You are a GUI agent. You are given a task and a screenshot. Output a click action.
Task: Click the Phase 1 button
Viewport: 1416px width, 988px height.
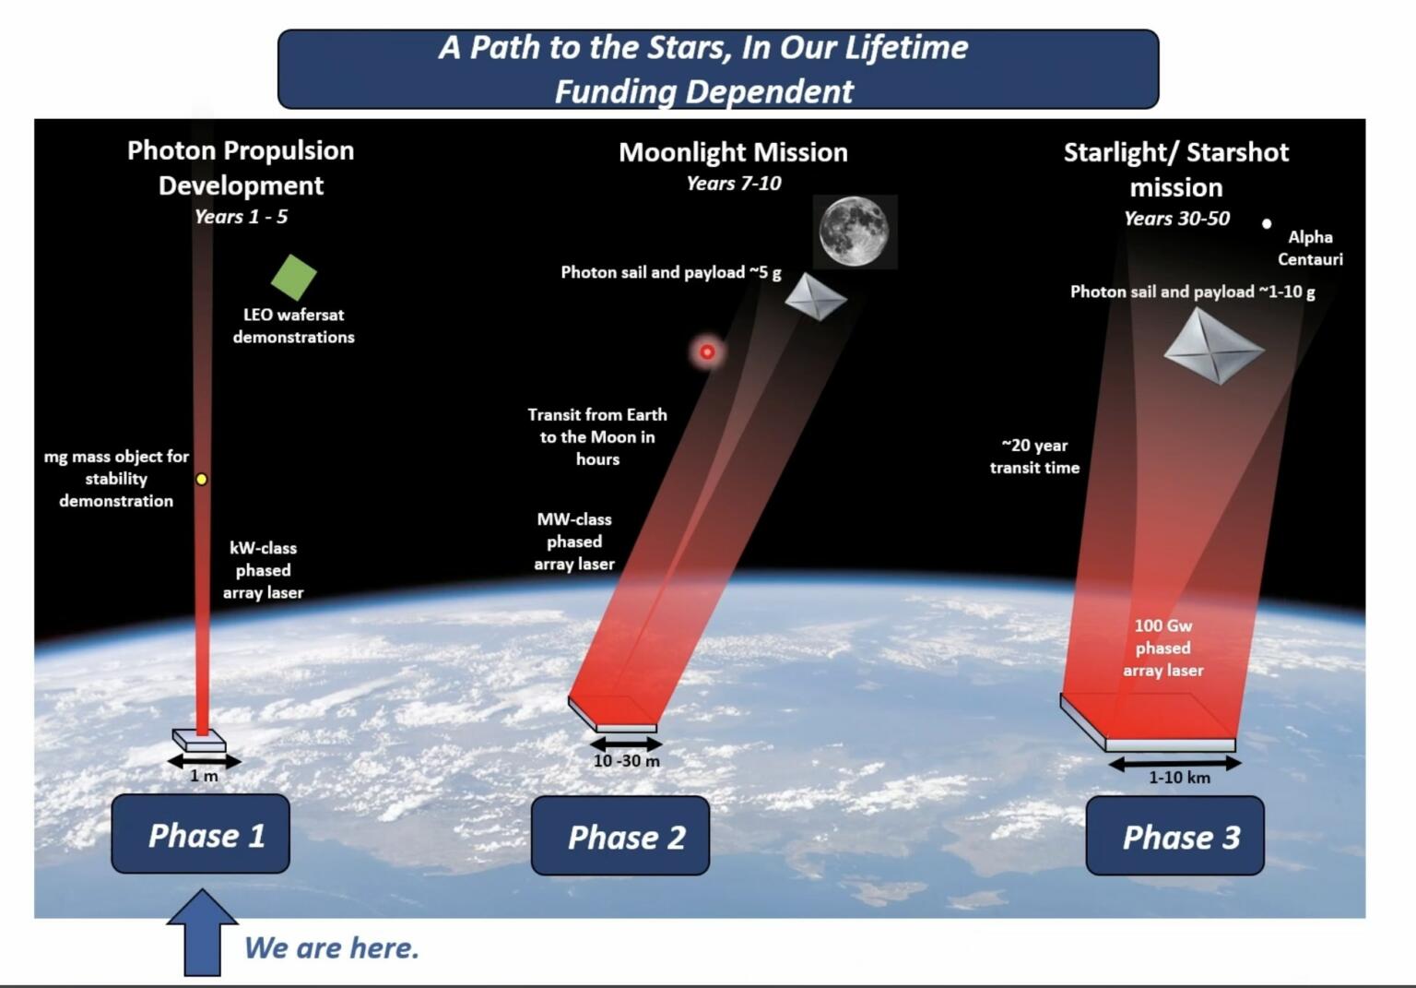point(200,834)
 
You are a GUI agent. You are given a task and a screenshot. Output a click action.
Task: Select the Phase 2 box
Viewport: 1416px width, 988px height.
point(620,836)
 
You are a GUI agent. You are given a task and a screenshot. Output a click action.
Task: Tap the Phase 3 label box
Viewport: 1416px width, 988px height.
point(1174,836)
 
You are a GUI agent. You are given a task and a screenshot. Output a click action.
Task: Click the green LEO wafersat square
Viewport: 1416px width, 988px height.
point(293,277)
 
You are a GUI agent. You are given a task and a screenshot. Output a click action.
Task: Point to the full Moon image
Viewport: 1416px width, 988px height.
point(855,231)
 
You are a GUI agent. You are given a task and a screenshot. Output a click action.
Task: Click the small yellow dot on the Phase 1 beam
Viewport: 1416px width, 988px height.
point(201,480)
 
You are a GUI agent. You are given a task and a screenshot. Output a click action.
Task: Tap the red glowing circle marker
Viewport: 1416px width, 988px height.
point(707,351)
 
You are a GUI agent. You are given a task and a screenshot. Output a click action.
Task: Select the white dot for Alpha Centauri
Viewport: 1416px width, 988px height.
point(1267,223)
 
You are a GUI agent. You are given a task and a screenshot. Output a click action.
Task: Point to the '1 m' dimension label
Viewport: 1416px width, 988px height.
point(204,777)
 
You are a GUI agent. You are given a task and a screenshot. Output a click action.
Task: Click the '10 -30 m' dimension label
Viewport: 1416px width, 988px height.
point(626,761)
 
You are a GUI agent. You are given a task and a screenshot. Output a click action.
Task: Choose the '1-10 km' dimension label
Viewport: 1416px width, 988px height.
point(1179,778)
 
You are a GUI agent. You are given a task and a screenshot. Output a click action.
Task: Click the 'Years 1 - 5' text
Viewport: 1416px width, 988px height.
point(241,217)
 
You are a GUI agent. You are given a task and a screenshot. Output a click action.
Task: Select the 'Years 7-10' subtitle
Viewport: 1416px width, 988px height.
point(733,184)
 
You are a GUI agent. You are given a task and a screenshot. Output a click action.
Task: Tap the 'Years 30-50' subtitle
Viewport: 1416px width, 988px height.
point(1176,219)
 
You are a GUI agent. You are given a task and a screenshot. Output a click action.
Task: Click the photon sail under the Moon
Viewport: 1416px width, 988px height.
point(815,297)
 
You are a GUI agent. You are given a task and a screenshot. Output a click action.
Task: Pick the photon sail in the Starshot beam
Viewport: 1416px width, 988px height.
point(1212,347)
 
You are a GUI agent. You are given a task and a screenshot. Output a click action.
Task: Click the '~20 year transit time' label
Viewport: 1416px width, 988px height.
point(1034,457)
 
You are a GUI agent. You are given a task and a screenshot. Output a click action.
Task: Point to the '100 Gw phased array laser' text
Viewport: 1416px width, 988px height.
point(1162,648)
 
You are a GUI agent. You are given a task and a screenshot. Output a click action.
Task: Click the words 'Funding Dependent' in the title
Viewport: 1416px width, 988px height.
point(703,91)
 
